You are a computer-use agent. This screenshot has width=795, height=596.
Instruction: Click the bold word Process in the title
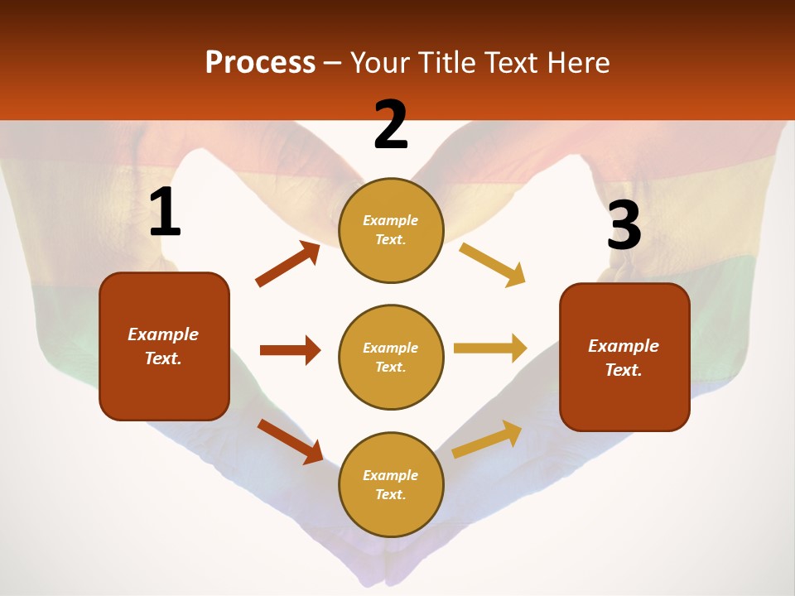[260, 62]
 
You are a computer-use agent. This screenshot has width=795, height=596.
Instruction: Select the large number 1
[165, 213]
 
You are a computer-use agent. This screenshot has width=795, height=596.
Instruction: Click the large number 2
[391, 125]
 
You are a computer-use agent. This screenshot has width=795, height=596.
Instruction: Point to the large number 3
[624, 226]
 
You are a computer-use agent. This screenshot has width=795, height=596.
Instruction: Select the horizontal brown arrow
[290, 350]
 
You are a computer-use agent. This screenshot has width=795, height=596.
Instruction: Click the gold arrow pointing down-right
[493, 265]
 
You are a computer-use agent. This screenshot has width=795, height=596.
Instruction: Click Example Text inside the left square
[163, 346]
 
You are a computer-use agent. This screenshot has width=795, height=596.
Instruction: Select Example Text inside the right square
[624, 358]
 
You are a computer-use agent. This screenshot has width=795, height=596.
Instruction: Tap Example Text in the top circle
[391, 229]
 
